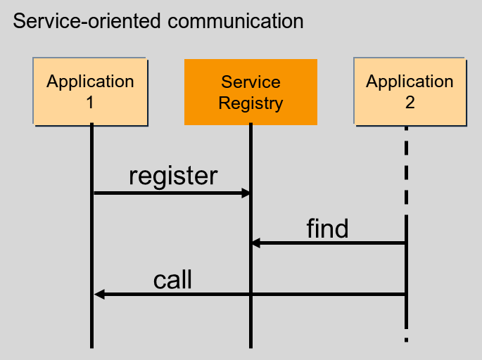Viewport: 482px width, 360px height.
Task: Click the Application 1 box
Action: [89, 91]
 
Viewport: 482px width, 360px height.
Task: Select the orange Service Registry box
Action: [250, 92]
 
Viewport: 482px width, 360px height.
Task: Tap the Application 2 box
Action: [410, 91]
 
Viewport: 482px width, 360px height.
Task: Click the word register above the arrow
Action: [173, 176]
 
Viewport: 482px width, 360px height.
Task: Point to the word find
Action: [327, 229]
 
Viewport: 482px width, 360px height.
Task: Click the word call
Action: [172, 280]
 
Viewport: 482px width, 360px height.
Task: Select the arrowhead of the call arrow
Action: [99, 294]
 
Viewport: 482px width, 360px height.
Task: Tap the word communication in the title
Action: [236, 20]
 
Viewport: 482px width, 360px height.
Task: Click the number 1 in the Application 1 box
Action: [90, 102]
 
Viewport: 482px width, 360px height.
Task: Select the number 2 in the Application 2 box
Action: [410, 102]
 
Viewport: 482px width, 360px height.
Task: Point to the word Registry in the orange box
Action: [250, 103]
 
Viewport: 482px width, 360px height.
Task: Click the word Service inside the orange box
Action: [250, 82]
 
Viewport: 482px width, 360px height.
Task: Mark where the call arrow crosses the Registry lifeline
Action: [250, 294]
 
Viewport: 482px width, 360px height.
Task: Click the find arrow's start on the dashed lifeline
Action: [406, 243]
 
